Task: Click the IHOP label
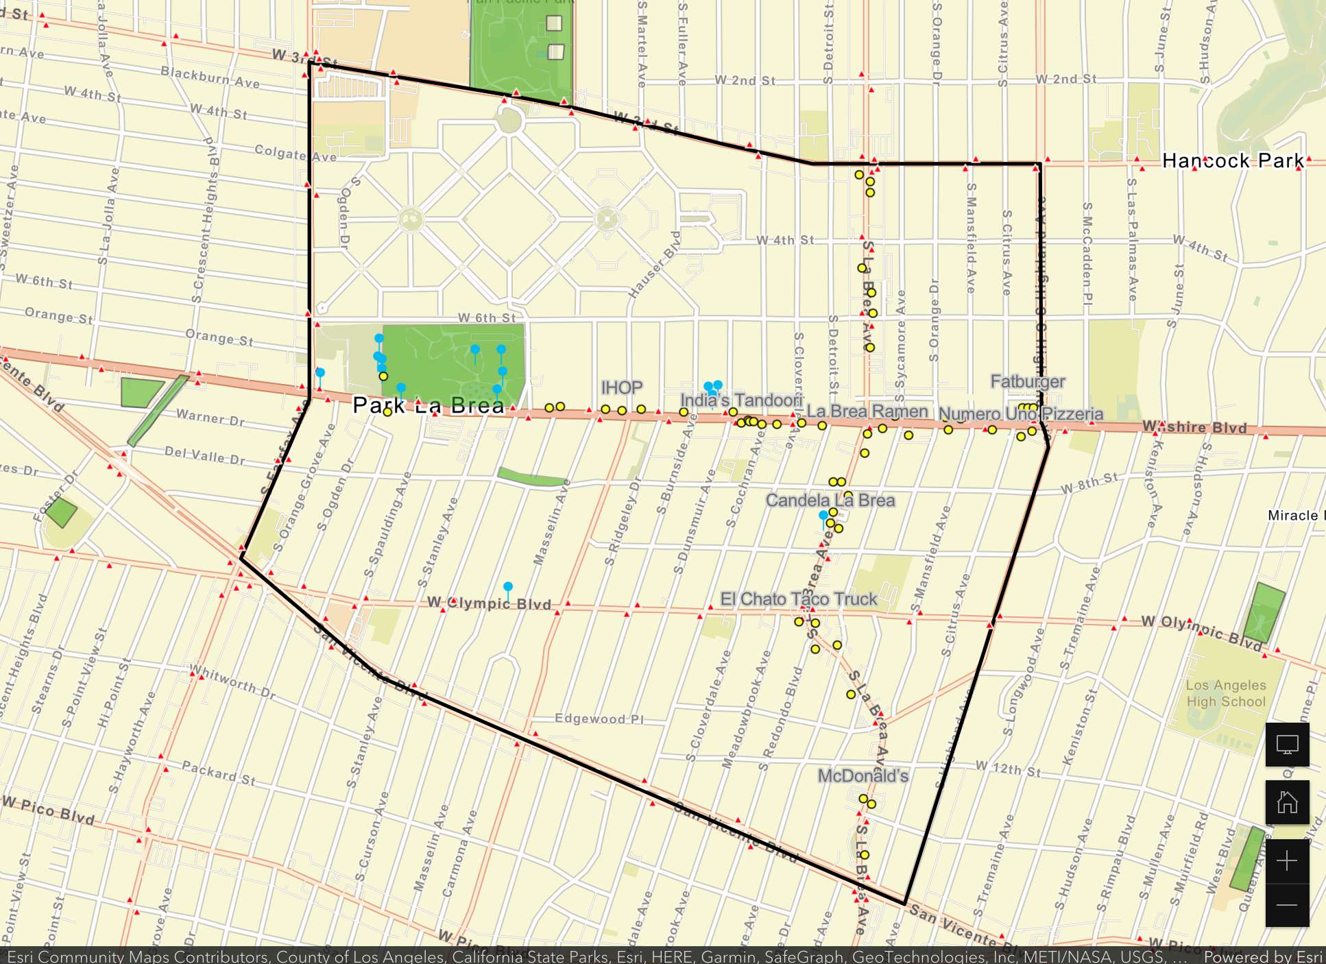[x=621, y=388]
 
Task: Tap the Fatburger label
[x=1027, y=382]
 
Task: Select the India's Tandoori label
[x=740, y=400]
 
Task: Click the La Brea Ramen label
[x=867, y=411]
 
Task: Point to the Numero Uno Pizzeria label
[x=1020, y=414]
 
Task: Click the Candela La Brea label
[x=830, y=501]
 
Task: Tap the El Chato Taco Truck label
[x=798, y=599]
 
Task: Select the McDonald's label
[x=863, y=776]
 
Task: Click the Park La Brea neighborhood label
[x=429, y=406]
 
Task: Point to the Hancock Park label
[x=1232, y=161]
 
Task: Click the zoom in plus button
[x=1287, y=861]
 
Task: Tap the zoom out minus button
[x=1287, y=905]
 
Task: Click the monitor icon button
[x=1287, y=745]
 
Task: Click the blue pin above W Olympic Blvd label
[x=508, y=588]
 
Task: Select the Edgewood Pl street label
[x=599, y=719]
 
